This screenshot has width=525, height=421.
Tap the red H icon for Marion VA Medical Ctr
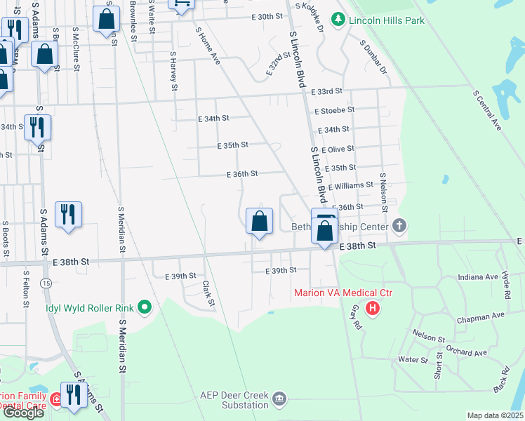tap(373, 307)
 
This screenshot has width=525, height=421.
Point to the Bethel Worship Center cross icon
tap(399, 226)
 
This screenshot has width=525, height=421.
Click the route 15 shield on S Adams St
tap(46, 283)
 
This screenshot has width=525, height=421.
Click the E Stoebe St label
tap(335, 110)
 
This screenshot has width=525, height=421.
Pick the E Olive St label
tap(337, 149)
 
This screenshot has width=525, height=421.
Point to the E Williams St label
tap(349, 185)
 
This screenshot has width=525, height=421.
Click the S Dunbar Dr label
tap(373, 57)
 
